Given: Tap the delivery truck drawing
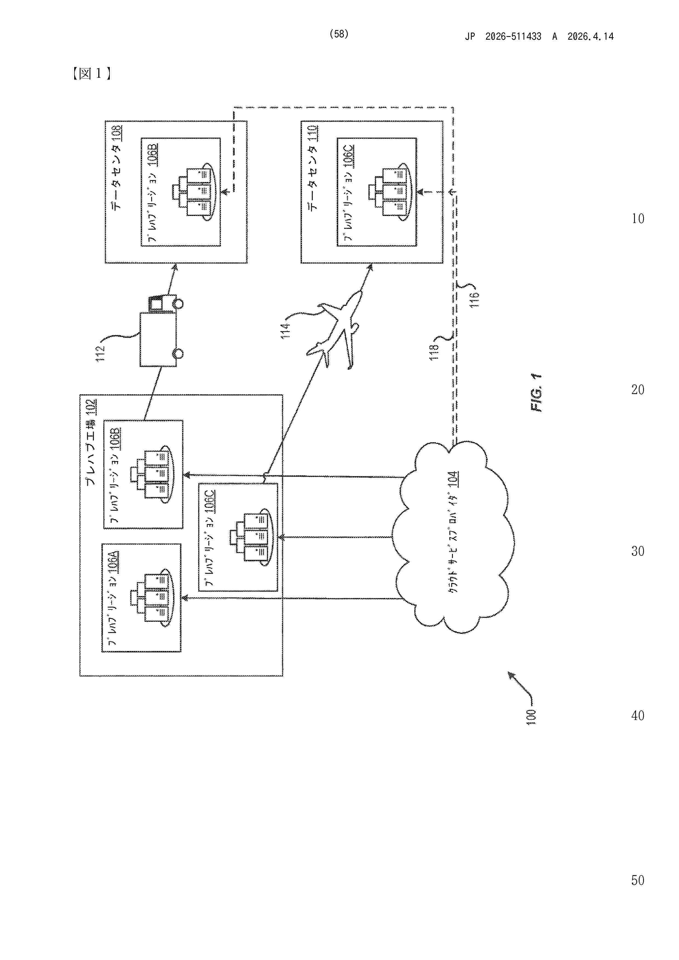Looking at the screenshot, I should (x=161, y=330).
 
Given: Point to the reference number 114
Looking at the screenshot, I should (x=285, y=330).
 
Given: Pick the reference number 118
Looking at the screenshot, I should (x=434, y=351).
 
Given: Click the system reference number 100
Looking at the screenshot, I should (x=531, y=717).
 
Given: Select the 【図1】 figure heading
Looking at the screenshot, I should (x=91, y=74).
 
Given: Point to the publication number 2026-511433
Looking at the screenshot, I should (x=513, y=36).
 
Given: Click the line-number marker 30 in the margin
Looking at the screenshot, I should (x=638, y=551).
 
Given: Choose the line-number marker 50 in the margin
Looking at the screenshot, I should (x=638, y=880).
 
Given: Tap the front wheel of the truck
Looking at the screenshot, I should (x=177, y=303).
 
